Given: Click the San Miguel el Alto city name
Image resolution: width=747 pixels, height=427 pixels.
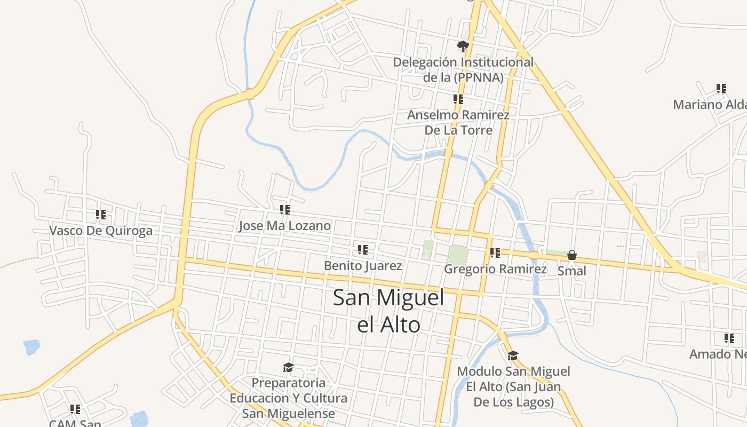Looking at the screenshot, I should (x=388, y=311).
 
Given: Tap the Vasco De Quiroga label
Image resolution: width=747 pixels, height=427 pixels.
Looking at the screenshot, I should (x=101, y=231).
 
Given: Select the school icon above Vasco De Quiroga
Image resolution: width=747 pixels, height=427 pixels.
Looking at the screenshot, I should (x=101, y=215).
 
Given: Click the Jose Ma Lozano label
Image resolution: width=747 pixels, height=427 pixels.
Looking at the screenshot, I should (x=284, y=226).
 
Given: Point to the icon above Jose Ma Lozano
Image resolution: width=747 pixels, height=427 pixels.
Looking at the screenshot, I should (x=285, y=210).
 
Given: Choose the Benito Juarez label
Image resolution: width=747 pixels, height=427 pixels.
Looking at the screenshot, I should (x=363, y=265).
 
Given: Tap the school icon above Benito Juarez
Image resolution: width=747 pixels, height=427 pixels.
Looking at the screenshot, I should (x=363, y=249).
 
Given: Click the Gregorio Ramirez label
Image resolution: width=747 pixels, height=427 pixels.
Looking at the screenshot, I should (x=495, y=269).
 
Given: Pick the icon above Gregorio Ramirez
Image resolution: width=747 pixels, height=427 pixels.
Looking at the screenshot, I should (x=495, y=253).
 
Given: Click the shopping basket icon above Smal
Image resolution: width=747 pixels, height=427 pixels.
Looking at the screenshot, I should (x=572, y=255).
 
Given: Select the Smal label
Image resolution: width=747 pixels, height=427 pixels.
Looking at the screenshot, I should (x=571, y=271).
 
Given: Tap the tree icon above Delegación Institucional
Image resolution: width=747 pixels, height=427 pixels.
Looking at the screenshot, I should (x=463, y=46).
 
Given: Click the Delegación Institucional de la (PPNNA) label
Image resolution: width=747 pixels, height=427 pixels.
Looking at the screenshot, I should (x=463, y=69).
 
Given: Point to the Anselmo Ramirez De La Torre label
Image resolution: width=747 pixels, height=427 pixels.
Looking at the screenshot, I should (x=458, y=122).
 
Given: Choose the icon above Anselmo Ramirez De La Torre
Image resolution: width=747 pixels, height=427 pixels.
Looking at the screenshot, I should (x=458, y=99).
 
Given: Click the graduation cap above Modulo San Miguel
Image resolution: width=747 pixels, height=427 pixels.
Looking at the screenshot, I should (x=513, y=355).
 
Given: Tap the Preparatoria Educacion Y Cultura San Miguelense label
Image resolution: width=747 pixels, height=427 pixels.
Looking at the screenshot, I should (x=288, y=398).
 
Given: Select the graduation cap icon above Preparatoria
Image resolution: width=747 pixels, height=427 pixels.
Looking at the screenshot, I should (x=288, y=367).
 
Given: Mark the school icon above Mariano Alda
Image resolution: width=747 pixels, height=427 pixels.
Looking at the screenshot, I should (x=721, y=89).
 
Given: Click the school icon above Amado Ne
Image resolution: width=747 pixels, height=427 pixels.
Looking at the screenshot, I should (x=729, y=338).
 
